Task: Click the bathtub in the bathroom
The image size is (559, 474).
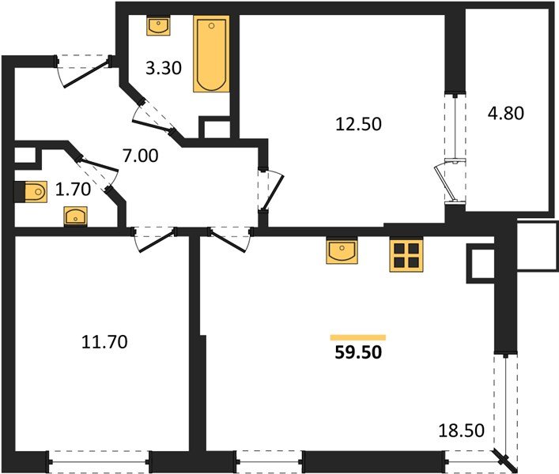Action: click(211, 54)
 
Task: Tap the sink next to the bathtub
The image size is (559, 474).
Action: click(158, 25)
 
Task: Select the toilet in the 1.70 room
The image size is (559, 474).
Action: click(32, 190)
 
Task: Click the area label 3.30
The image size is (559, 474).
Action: click(164, 68)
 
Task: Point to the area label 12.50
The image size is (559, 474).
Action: click(354, 123)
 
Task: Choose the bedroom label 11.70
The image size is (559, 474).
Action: click(104, 342)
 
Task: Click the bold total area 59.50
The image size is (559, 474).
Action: click(358, 352)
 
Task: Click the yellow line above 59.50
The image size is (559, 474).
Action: click(358, 337)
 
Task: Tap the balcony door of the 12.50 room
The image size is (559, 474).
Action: click(452, 180)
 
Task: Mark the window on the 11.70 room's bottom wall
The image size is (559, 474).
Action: click(99, 456)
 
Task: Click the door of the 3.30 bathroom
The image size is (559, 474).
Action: click(155, 118)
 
